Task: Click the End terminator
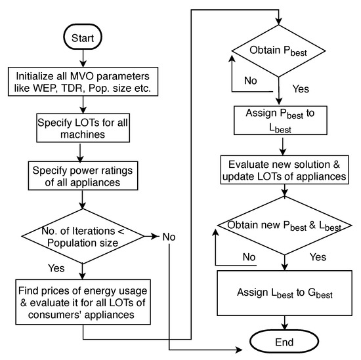[284, 342]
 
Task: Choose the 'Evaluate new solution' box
[284, 170]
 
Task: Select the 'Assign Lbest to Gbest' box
[284, 294]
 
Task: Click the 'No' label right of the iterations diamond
[168, 235]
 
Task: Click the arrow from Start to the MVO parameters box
[83, 58]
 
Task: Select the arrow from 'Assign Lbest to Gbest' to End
[284, 322]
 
